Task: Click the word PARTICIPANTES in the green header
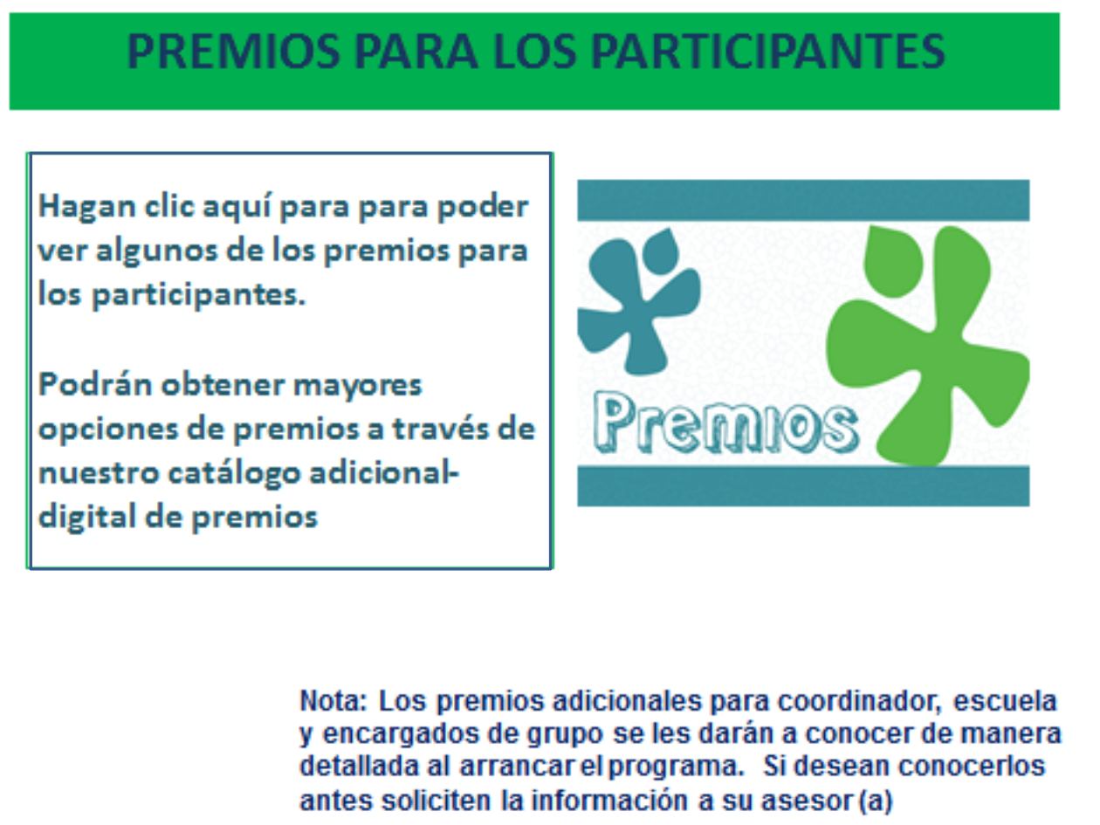pyautogui.click(x=767, y=52)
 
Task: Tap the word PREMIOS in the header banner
pyautogui.click(x=233, y=52)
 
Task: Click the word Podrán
pyautogui.click(x=95, y=385)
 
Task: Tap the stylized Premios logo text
pyautogui.click(x=725, y=424)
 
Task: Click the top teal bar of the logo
pyautogui.click(x=803, y=201)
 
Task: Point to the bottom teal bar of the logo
pyautogui.click(x=803, y=485)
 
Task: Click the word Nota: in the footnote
pyautogui.click(x=333, y=701)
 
